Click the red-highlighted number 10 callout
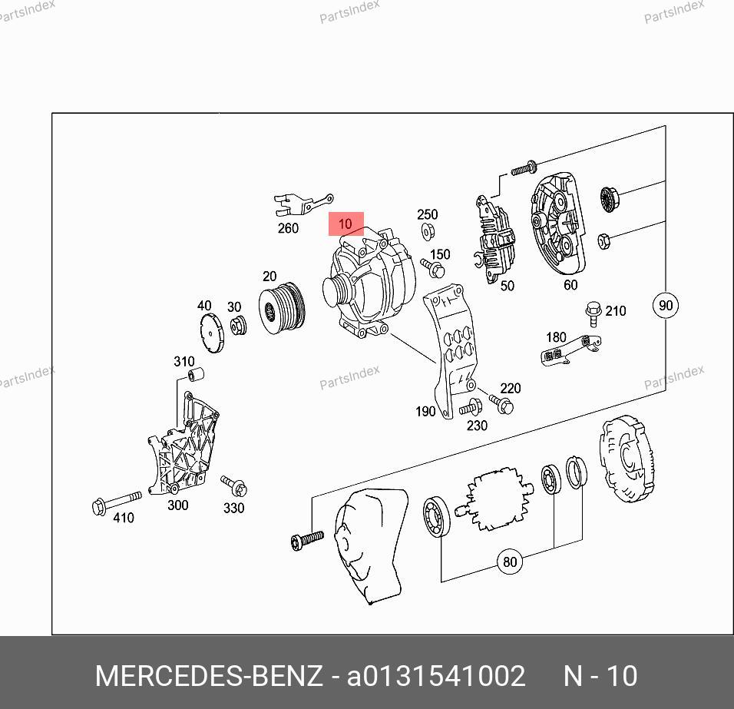coord(346,224)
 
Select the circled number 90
coord(665,305)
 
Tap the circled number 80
coord(509,561)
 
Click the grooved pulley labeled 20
coord(282,308)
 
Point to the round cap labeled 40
coord(212,333)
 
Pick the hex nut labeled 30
coord(239,325)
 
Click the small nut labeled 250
coord(427,231)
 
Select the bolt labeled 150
coord(434,268)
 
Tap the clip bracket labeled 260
coord(303,205)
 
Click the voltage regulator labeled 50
coord(494,238)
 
